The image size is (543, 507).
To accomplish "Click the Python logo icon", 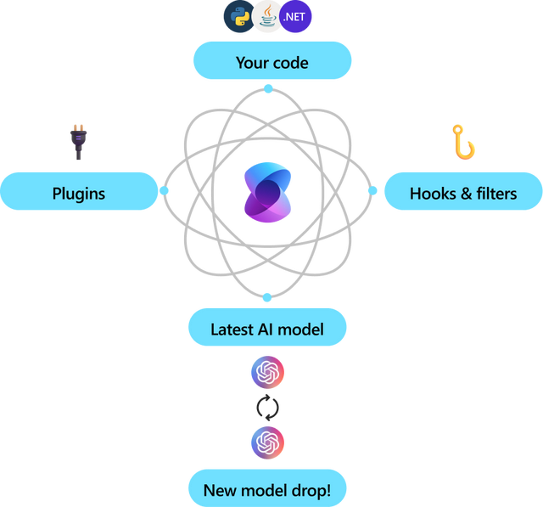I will click(237, 16).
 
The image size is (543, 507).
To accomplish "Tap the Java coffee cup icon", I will click(267, 17).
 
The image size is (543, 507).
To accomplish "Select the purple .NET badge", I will click(296, 16).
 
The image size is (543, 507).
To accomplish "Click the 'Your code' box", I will click(271, 61).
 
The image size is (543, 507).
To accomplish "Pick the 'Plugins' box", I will click(79, 192).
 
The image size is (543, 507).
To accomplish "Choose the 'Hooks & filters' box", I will click(462, 192).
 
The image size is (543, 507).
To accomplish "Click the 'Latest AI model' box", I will click(267, 328).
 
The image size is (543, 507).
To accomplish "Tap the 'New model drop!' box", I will click(267, 489).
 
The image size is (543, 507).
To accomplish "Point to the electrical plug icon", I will click(78, 143).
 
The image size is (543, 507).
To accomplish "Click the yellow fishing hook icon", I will click(462, 142).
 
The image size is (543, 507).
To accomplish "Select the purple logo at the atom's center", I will click(267, 192).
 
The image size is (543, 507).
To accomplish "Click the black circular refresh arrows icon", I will click(267, 408).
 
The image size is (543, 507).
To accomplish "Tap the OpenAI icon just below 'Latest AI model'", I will click(267, 372).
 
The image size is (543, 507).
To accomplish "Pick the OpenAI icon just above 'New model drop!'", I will click(267, 442).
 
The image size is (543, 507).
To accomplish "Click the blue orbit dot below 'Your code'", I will click(268, 89).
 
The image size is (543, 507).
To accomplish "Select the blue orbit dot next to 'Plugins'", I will click(165, 191).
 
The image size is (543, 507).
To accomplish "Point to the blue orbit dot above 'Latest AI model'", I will click(267, 297).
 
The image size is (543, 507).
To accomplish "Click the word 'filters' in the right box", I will click(495, 194).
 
